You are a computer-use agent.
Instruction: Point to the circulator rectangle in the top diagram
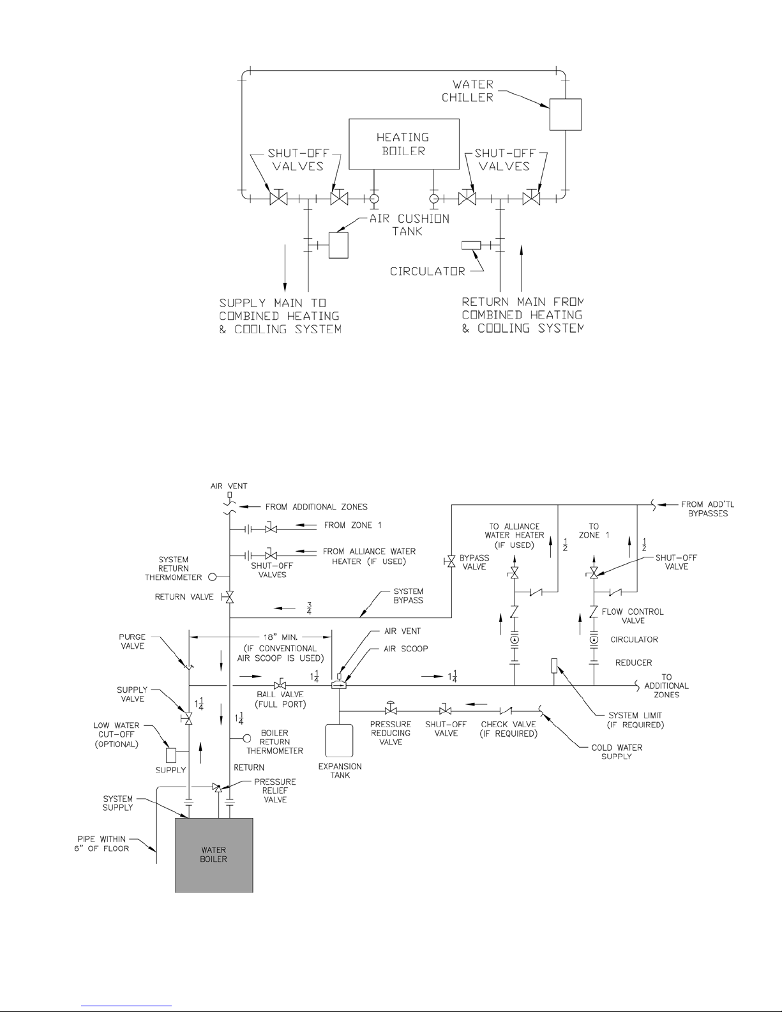(x=471, y=245)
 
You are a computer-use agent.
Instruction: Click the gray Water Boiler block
(x=214, y=855)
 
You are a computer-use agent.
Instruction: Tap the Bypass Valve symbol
(x=451, y=562)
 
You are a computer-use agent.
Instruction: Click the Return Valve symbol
(x=229, y=597)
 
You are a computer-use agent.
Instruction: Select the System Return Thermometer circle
(x=212, y=577)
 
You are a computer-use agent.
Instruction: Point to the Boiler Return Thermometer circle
(x=246, y=738)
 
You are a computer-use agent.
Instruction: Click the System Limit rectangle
(x=554, y=665)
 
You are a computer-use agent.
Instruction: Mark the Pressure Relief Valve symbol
(x=217, y=787)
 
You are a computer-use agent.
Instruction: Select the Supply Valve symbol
(x=188, y=718)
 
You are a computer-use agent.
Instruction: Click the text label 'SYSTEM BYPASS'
(x=408, y=596)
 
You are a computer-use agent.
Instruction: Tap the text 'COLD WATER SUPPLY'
(x=617, y=751)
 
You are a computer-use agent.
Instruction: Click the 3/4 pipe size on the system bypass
(x=308, y=608)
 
